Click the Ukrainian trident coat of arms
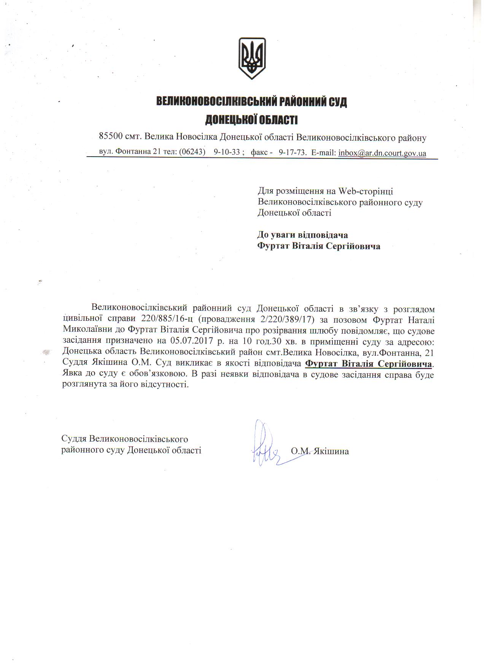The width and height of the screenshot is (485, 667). [251, 58]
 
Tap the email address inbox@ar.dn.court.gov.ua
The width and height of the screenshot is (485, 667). [382, 153]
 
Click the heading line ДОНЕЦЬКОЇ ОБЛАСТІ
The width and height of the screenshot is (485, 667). [251, 120]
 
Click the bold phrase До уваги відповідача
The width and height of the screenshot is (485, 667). [303, 235]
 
